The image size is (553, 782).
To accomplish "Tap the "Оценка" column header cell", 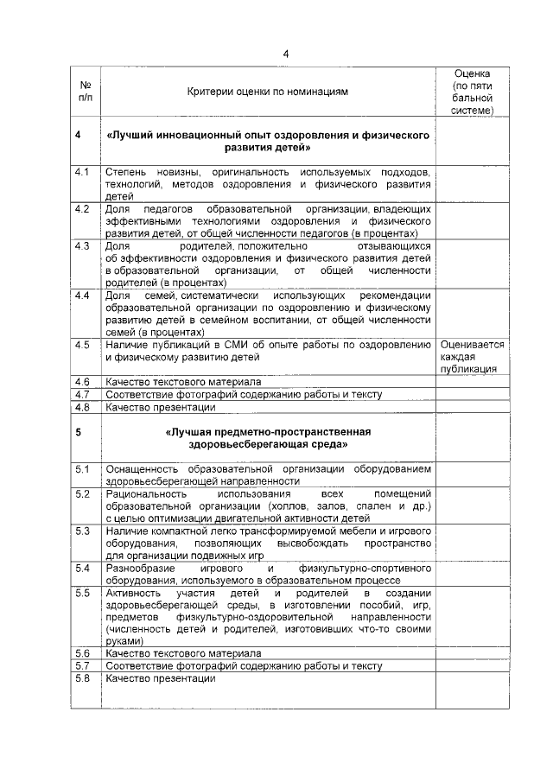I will (472, 92).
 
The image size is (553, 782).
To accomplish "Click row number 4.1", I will (83, 172).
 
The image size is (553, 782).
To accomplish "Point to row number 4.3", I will (83, 246).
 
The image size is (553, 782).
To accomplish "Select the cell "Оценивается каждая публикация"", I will (472, 356).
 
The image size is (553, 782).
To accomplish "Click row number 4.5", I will (83, 345).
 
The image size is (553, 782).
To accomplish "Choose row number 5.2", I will (83, 493).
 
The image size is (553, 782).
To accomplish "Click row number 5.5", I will (83, 593).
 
